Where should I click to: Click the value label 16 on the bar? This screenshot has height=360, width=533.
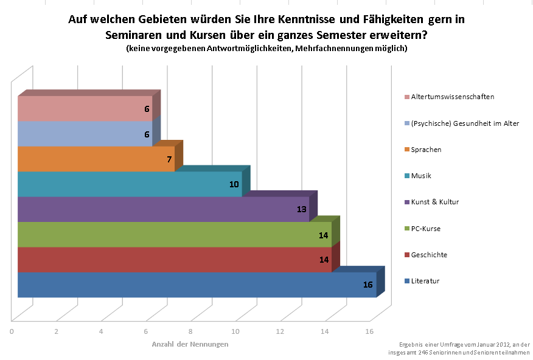pyautogui.click(x=368, y=285)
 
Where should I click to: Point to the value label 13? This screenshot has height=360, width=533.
pyautogui.click(x=301, y=209)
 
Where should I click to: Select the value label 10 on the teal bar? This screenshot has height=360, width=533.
pyautogui.click(x=234, y=184)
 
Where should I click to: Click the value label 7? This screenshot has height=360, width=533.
pyautogui.click(x=170, y=159)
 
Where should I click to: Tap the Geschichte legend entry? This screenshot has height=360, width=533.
pyautogui.click(x=429, y=255)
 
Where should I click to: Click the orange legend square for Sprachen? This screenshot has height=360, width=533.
pyautogui.click(x=406, y=150)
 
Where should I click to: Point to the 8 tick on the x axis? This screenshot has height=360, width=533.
pyautogui.click(x=190, y=331)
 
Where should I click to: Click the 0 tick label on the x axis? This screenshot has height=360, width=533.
pyautogui.click(x=12, y=331)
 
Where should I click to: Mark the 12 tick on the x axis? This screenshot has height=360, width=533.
pyautogui.click(x=280, y=331)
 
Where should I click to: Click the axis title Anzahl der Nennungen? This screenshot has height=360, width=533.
pyautogui.click(x=190, y=344)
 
